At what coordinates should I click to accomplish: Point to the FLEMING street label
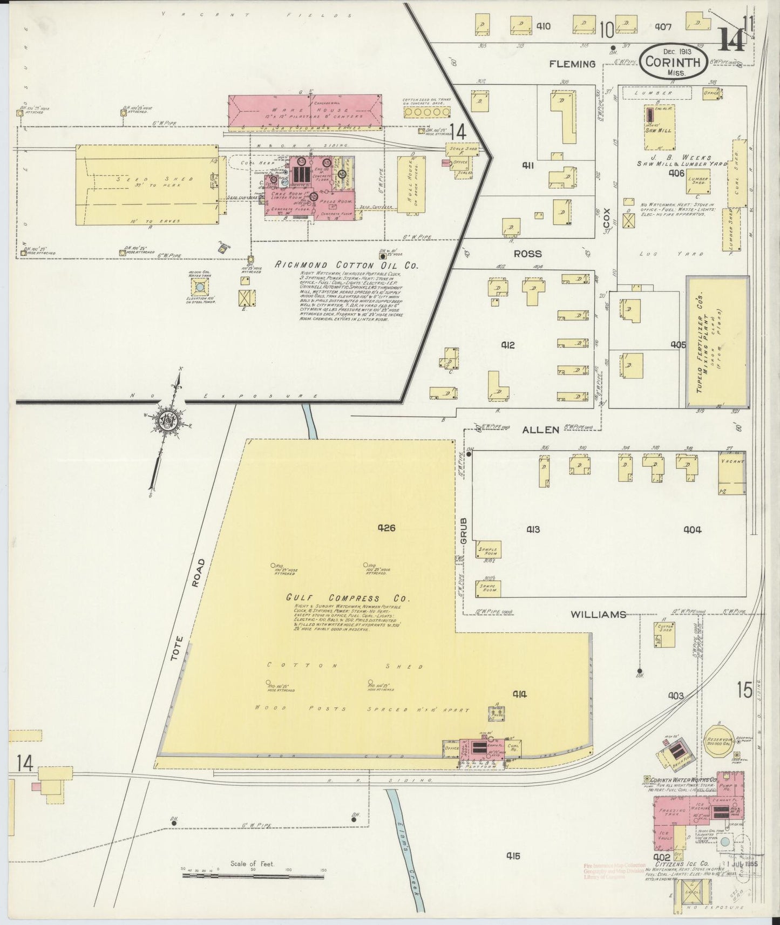click(x=572, y=64)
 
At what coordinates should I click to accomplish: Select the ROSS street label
click(x=527, y=254)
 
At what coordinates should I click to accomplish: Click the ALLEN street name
click(x=540, y=430)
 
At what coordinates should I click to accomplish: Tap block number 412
click(x=508, y=345)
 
